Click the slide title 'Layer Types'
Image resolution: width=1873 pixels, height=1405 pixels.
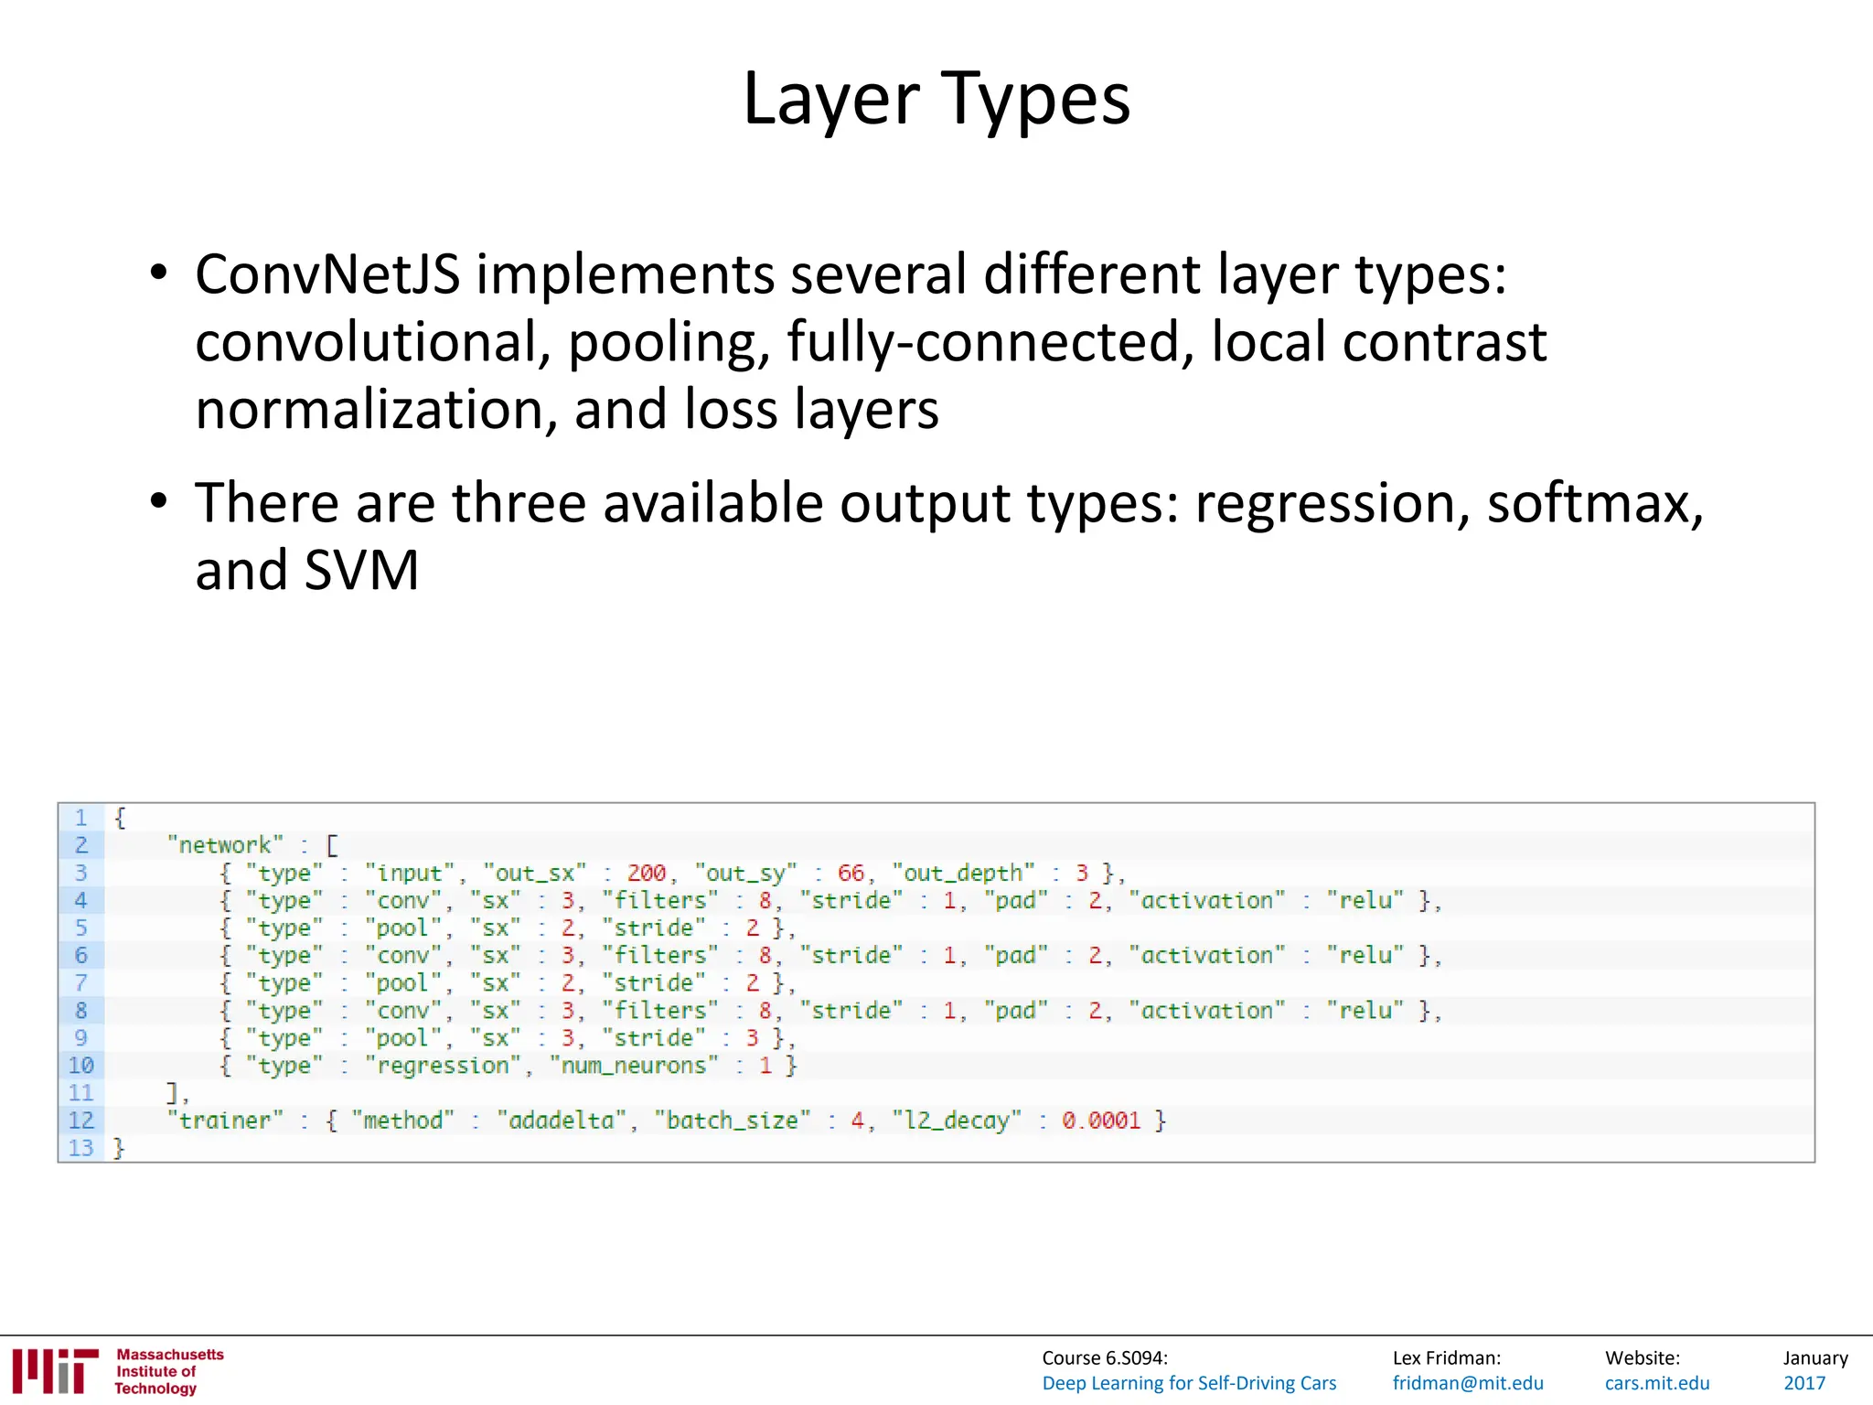pyautogui.click(x=936, y=99)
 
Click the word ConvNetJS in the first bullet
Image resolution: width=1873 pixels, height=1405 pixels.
pyautogui.click(x=326, y=274)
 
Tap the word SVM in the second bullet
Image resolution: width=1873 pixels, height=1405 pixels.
pyautogui.click(x=361, y=570)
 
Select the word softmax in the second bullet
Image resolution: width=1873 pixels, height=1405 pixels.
pyautogui.click(x=1595, y=503)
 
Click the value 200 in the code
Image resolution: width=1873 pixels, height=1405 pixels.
pyautogui.click(x=646, y=873)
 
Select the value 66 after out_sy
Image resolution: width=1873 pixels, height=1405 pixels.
pyautogui.click(x=850, y=873)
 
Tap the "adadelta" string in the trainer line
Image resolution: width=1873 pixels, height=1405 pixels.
pyautogui.click(x=562, y=1121)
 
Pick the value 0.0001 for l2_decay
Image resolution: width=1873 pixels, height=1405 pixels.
pyautogui.click(x=1101, y=1121)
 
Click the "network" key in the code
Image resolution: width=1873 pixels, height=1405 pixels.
pyautogui.click(x=225, y=845)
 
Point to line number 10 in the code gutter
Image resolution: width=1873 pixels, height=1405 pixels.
pyautogui.click(x=80, y=1066)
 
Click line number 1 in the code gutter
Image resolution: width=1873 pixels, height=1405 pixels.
pyautogui.click(x=80, y=817)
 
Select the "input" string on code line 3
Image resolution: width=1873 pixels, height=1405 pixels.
pyautogui.click(x=409, y=873)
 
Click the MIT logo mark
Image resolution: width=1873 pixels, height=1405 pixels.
pyautogui.click(x=55, y=1370)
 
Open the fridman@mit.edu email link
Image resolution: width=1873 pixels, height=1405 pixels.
pyautogui.click(x=1468, y=1383)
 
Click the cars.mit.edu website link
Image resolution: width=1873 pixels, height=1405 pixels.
pyautogui.click(x=1657, y=1383)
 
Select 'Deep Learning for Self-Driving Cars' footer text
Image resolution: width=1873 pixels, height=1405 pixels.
pyautogui.click(x=1189, y=1383)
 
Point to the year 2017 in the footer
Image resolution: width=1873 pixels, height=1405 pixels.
pyautogui.click(x=1804, y=1383)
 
